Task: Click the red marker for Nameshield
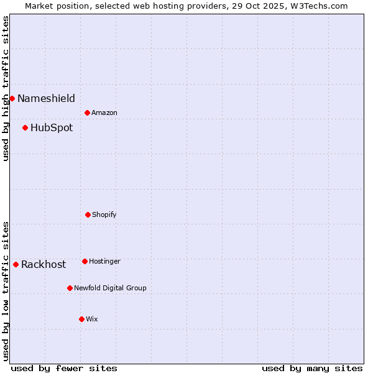tap(12, 98)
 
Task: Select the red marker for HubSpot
tap(25, 127)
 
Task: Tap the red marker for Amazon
tap(87, 113)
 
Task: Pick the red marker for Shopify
tap(88, 214)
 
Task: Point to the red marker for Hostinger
tap(85, 261)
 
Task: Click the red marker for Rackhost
tap(16, 264)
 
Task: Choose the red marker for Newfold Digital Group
tap(70, 288)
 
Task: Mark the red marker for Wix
tap(81, 319)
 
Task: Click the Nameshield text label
tap(46, 98)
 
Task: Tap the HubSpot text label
tap(52, 128)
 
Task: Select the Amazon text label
tap(104, 113)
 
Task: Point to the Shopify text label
tap(104, 214)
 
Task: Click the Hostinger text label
tap(104, 261)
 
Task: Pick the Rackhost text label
tap(44, 265)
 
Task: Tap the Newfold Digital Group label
tap(110, 288)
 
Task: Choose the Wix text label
tap(92, 319)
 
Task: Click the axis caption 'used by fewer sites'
tap(64, 368)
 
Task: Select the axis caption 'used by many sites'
tap(312, 368)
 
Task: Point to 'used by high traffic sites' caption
tap(6, 88)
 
